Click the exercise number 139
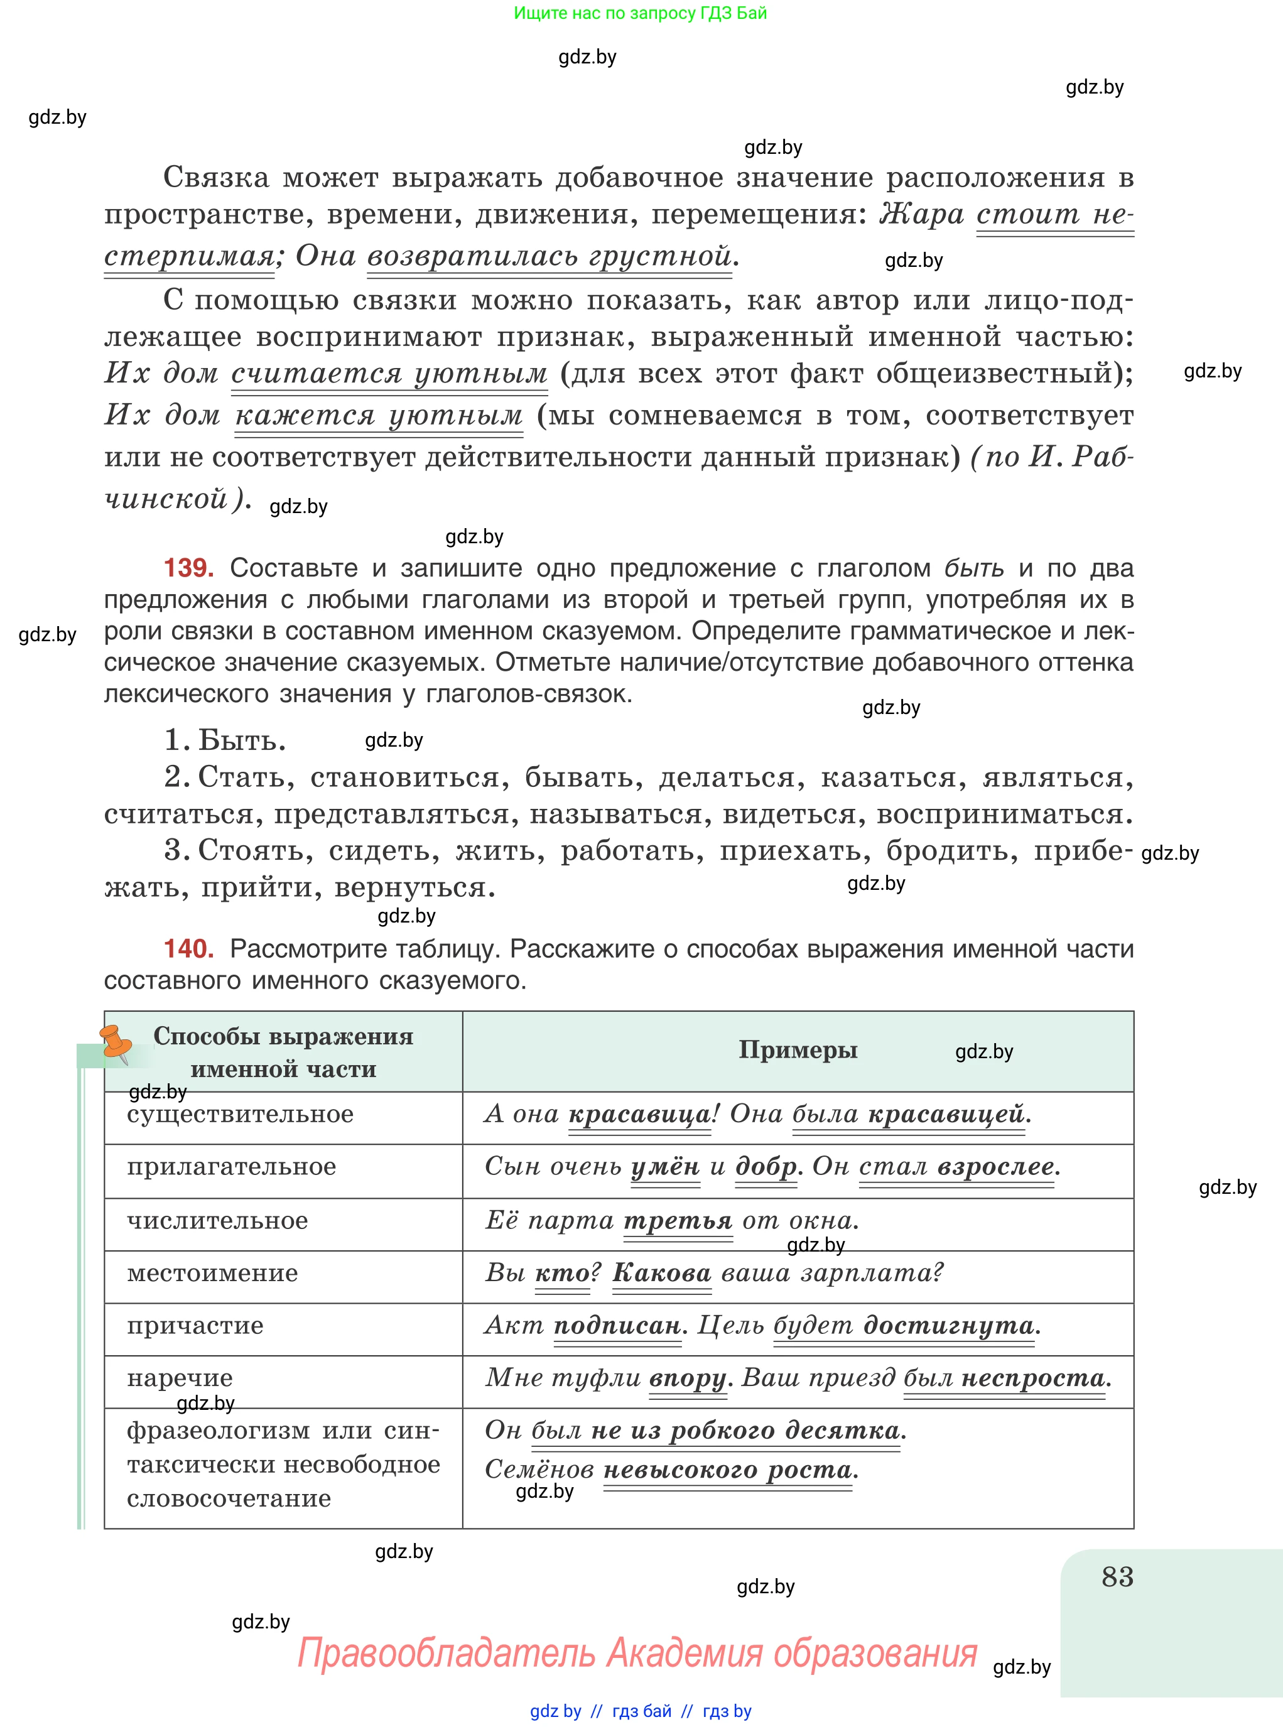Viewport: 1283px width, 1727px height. click(x=189, y=568)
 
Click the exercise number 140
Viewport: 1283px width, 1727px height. click(x=189, y=948)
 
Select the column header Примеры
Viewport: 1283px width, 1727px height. click(x=798, y=1050)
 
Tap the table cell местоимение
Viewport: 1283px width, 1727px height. click(x=212, y=1273)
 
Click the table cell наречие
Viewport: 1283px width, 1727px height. click(x=180, y=1378)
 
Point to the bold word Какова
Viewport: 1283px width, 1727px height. click(x=662, y=1273)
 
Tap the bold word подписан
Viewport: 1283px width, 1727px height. click(x=617, y=1326)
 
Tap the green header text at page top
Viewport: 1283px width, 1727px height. click(x=640, y=13)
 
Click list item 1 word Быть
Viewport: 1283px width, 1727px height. click(x=242, y=740)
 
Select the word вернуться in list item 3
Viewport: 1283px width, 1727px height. click(x=414, y=887)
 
